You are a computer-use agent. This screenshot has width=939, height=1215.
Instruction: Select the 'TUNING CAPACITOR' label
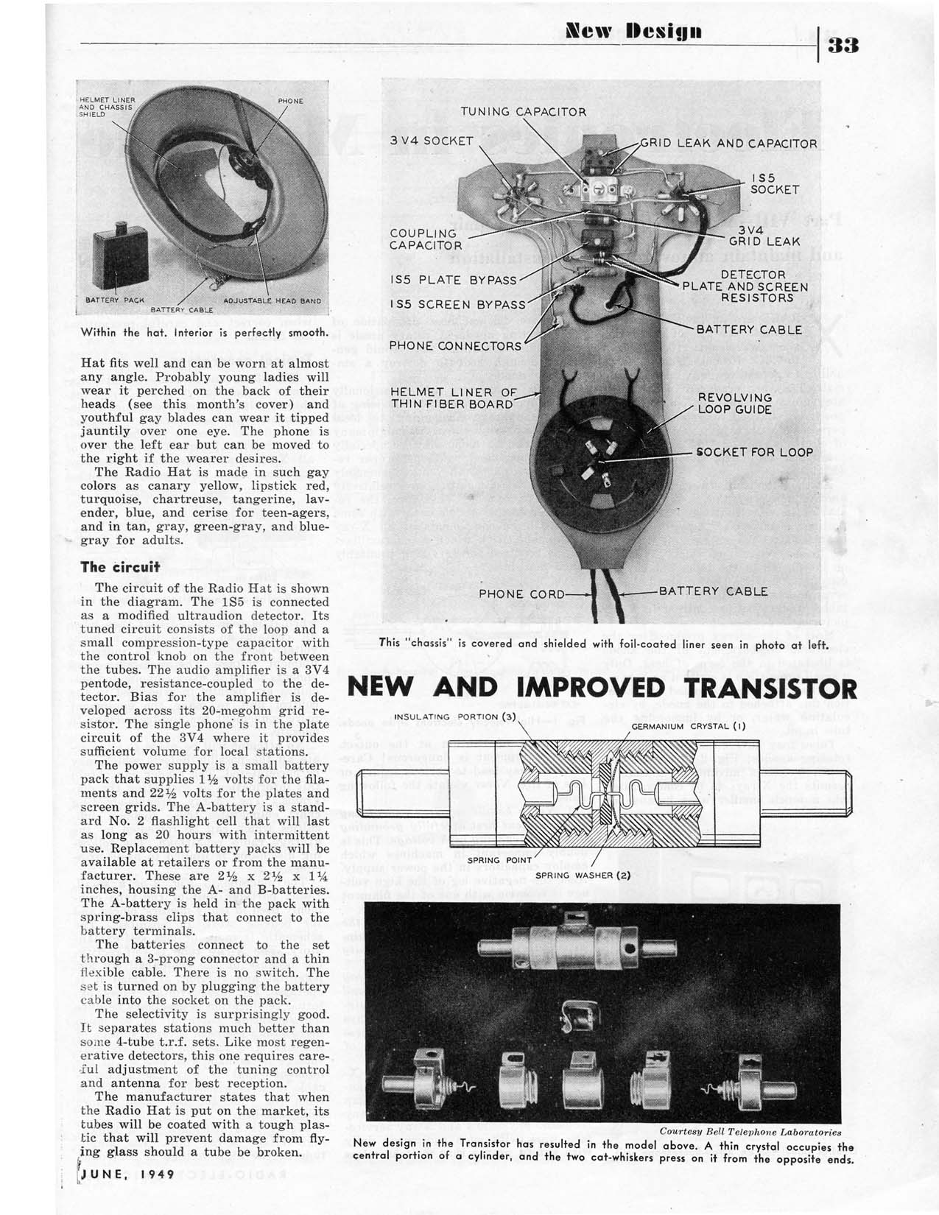524,112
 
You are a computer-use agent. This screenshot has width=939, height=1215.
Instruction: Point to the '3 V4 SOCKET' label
432,140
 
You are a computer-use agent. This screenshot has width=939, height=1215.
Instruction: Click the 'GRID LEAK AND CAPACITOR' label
728,144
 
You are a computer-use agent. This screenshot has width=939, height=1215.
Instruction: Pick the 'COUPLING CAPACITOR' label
426,239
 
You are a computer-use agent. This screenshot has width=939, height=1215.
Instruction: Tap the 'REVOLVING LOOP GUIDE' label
734,403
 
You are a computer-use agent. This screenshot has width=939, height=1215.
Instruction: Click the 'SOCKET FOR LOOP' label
755,452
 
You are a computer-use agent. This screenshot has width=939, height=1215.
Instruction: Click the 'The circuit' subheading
121,567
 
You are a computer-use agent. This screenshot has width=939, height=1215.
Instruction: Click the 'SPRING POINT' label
494,859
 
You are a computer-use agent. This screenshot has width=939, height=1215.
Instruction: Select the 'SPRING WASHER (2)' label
583,875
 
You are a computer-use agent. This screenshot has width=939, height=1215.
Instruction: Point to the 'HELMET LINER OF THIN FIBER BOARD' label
454,398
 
